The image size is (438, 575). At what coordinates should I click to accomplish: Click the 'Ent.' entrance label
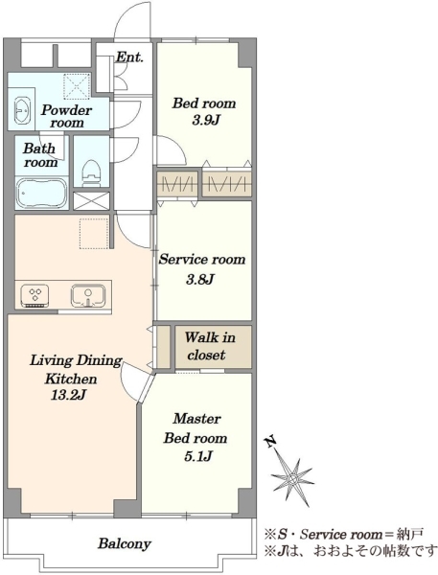pos(129,57)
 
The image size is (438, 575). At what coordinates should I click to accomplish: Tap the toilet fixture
pos(91,173)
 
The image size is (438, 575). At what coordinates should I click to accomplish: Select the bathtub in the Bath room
pos(41,194)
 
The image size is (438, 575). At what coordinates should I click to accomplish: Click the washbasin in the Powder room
pos(22,110)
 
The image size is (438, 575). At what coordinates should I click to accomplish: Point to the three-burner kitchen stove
pos(35,295)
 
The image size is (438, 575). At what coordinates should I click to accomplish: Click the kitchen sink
pos(88,295)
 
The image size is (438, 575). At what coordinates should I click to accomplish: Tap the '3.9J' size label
pos(205,120)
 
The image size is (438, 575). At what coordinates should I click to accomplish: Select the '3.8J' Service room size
pos(200,280)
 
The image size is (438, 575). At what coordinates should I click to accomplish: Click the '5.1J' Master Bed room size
pos(197,456)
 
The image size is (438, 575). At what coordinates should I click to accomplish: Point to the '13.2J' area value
pos(69,395)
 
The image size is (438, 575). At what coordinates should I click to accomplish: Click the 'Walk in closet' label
pos(209,346)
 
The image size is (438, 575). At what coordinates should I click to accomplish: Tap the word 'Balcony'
pos(124,543)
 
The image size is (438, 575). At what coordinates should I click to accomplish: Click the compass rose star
pos(292,478)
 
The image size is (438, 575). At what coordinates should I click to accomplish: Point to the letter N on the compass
pos(271,442)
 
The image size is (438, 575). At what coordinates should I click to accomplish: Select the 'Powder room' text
pos(66,116)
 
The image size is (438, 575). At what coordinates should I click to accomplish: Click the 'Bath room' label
pos(40,155)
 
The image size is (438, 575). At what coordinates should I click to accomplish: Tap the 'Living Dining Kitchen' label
pos(75,369)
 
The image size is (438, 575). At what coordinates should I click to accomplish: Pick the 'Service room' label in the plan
pos(202,260)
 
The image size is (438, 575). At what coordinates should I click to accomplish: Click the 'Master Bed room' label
pos(196,428)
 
